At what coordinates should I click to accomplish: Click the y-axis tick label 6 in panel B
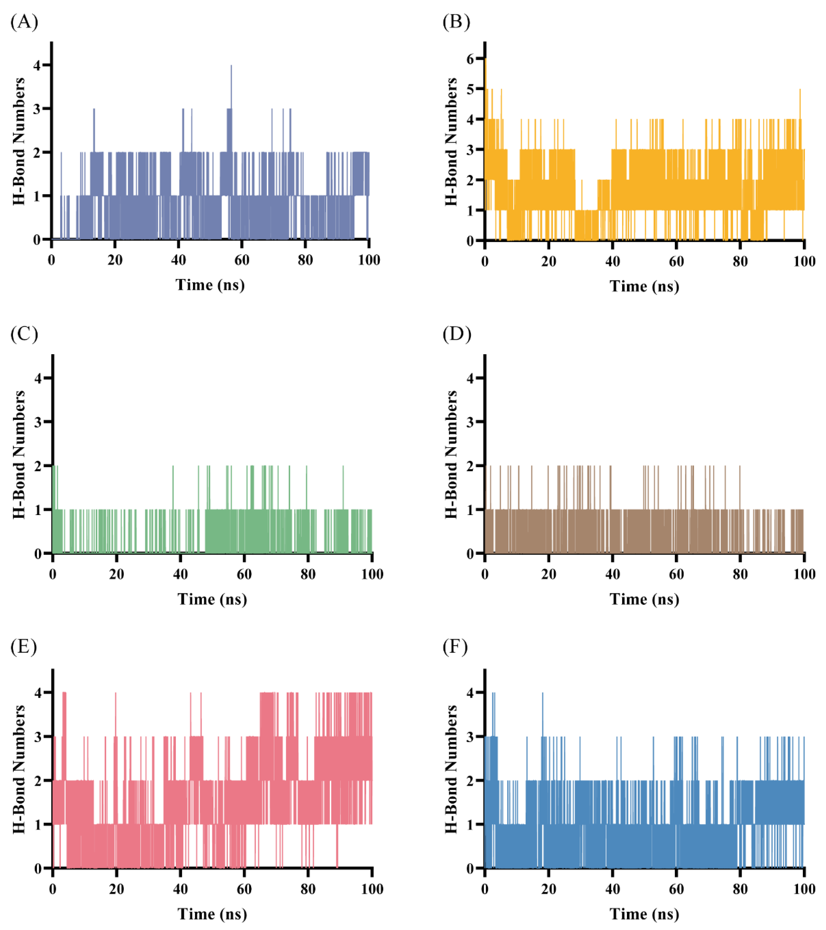click(x=470, y=59)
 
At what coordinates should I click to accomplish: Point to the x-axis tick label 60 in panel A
click(x=242, y=260)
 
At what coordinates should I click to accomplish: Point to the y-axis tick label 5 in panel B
click(x=470, y=89)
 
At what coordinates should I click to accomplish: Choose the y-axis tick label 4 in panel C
click(x=38, y=378)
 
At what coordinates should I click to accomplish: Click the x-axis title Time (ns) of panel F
click(x=644, y=914)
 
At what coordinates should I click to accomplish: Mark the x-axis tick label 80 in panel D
click(x=740, y=574)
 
